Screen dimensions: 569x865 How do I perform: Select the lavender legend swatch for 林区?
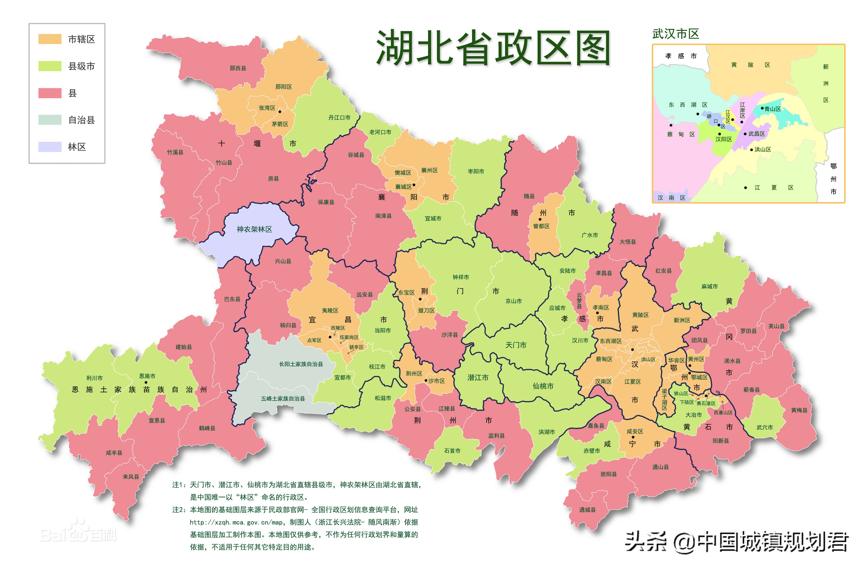click(x=50, y=147)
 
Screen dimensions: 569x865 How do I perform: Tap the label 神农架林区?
click(x=254, y=229)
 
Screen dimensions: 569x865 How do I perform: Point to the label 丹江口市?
click(x=339, y=118)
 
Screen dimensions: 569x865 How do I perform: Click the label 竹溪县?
click(x=175, y=152)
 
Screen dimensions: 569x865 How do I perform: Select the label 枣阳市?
click(x=476, y=171)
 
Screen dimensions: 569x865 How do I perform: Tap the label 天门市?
click(x=516, y=345)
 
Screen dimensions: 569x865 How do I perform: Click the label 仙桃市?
click(x=543, y=386)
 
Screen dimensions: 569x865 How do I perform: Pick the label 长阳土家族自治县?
click(x=301, y=364)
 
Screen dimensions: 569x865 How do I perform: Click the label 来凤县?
click(x=131, y=477)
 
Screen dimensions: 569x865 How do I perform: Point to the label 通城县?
click(x=587, y=510)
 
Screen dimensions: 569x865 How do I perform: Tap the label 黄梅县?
click(x=799, y=410)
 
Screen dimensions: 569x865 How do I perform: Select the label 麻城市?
click(x=709, y=286)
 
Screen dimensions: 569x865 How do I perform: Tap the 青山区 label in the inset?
click(x=772, y=109)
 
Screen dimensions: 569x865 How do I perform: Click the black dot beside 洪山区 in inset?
click(x=751, y=150)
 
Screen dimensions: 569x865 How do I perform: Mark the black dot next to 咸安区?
click(x=633, y=437)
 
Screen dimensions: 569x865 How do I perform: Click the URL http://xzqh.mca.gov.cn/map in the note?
click(x=236, y=522)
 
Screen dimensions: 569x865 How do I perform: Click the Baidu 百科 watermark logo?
click(x=78, y=534)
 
